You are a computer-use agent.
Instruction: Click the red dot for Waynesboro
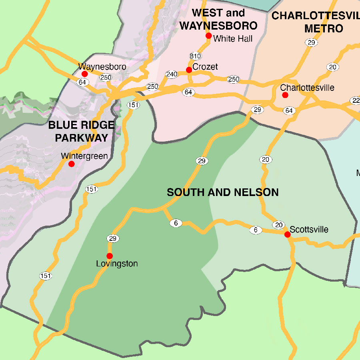click(84, 74)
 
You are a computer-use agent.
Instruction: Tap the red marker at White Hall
click(208, 36)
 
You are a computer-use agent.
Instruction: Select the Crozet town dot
click(189, 70)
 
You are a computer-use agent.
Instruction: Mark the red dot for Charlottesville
click(285, 95)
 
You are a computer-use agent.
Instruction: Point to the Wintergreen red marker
click(71, 164)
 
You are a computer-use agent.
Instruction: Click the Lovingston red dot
click(110, 256)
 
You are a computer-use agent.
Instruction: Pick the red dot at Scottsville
click(287, 234)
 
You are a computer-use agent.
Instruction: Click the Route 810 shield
click(196, 56)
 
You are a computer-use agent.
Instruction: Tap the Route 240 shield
click(172, 74)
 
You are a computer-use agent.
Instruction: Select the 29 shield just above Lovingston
click(112, 238)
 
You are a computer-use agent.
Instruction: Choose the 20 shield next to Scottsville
click(278, 225)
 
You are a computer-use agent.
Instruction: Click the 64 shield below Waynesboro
click(82, 82)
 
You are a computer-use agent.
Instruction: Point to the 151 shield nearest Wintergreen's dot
click(92, 189)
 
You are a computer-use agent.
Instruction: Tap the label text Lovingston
click(117, 264)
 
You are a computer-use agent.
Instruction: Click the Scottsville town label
click(309, 230)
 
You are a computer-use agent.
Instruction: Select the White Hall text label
click(233, 39)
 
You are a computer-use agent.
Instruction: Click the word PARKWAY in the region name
click(82, 138)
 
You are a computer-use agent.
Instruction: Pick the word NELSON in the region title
click(258, 192)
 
